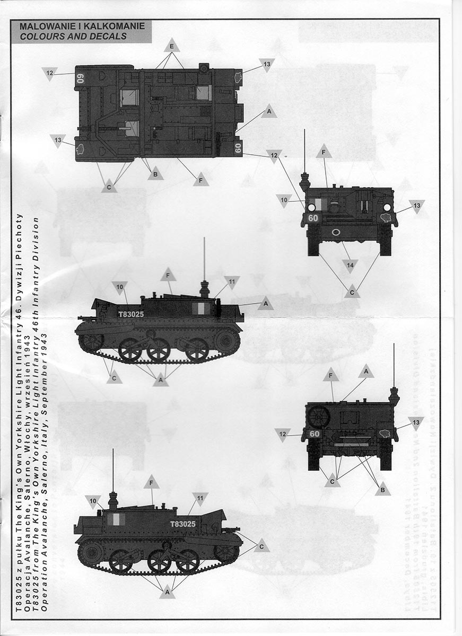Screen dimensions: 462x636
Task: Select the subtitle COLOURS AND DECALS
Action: click(x=73, y=36)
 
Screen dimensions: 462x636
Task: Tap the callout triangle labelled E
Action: click(x=171, y=46)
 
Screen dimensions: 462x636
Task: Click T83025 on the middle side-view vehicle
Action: click(x=130, y=314)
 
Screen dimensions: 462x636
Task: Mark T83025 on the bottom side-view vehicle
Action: click(x=183, y=524)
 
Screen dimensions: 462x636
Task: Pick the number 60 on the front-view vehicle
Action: click(x=313, y=218)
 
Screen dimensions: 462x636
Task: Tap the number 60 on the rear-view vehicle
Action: click(x=315, y=434)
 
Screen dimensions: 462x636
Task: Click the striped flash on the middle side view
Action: click(x=199, y=308)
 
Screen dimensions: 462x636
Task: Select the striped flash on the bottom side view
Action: click(x=114, y=519)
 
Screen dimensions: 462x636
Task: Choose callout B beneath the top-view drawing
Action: click(x=155, y=173)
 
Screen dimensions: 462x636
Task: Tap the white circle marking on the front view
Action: click(x=336, y=232)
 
